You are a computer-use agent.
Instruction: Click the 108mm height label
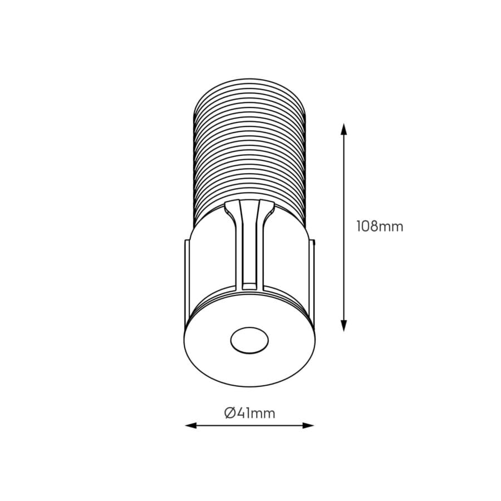pyautogui.click(x=380, y=227)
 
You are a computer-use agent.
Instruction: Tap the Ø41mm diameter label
pyautogui.click(x=249, y=412)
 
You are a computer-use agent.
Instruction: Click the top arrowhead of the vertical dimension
pyautogui.click(x=344, y=129)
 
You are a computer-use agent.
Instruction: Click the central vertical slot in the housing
pyautogui.click(x=249, y=250)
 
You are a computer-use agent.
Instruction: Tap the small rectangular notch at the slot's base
pyautogui.click(x=249, y=286)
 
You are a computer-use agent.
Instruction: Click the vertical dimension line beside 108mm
pyautogui.click(x=344, y=178)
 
